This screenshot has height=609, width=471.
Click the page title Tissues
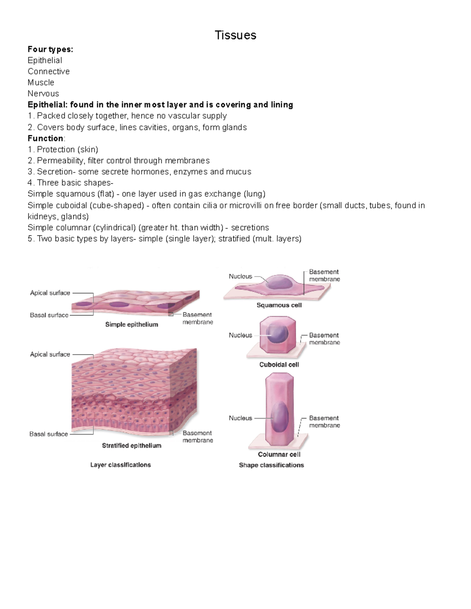[x=235, y=35]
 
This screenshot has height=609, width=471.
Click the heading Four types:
[x=50, y=49]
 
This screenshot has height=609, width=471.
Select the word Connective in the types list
[x=49, y=71]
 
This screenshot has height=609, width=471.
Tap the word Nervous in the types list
[x=43, y=94]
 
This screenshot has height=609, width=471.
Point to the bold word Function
[x=46, y=138]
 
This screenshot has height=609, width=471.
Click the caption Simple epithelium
[x=131, y=324]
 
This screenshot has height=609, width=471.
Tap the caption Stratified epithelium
[x=131, y=445]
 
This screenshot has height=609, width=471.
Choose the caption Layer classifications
[x=120, y=465]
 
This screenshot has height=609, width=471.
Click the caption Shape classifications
[x=271, y=465]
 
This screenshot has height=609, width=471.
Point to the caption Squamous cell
[x=279, y=305]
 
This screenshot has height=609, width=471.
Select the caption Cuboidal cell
[x=279, y=364]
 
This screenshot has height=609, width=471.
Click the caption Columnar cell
[x=279, y=454]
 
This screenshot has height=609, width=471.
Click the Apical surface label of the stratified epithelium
[x=50, y=354]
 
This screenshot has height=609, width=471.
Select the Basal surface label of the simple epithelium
[x=49, y=315]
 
